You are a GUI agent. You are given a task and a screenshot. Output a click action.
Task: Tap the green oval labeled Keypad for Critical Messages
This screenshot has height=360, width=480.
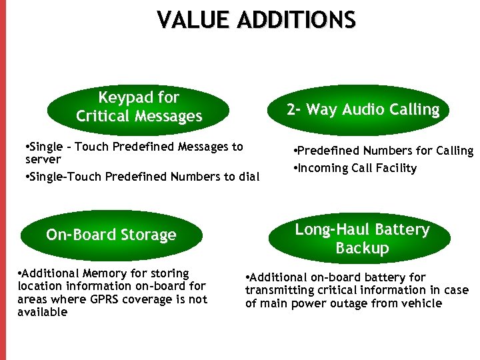coord(139,107)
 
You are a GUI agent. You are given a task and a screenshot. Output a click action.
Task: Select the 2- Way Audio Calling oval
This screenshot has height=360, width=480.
coord(363,110)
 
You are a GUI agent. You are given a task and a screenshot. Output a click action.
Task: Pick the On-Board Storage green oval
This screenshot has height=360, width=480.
coord(111,235)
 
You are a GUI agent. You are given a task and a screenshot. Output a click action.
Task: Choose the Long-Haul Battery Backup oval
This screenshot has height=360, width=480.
coord(362,239)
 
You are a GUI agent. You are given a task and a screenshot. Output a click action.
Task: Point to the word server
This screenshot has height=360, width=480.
coord(43,160)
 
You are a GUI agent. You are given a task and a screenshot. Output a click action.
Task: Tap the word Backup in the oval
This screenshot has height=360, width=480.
coord(362,248)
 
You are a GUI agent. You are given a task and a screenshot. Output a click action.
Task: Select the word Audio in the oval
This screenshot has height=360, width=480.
coord(365,110)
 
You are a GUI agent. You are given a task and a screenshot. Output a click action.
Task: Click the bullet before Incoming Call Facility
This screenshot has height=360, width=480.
coord(295,168)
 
